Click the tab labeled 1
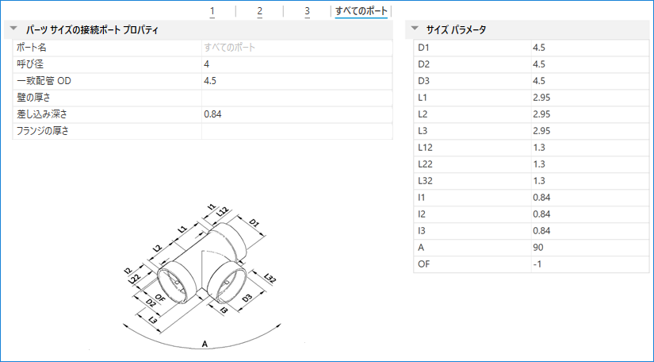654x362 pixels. point(212,11)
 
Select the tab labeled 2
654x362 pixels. point(259,11)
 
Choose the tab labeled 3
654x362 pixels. point(307,11)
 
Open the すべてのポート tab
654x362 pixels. point(361,11)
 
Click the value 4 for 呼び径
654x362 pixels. point(207,64)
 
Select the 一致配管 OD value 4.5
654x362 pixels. point(211,81)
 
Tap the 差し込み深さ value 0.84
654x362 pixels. point(212,114)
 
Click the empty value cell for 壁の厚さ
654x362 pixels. point(296,98)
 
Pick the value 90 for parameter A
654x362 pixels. point(539,248)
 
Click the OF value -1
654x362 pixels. point(539,264)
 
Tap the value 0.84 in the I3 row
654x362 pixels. point(542,231)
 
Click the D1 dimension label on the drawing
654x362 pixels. point(254,224)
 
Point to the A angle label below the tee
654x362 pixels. point(205,344)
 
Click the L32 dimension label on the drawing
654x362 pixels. point(270,279)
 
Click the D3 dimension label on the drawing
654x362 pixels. point(247,298)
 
